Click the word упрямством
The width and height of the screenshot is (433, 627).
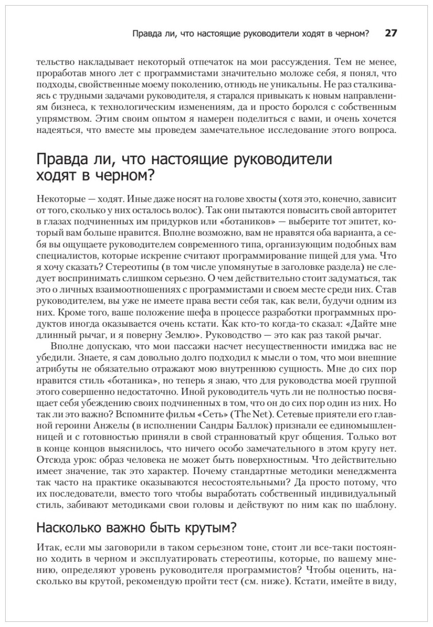[60, 119]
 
